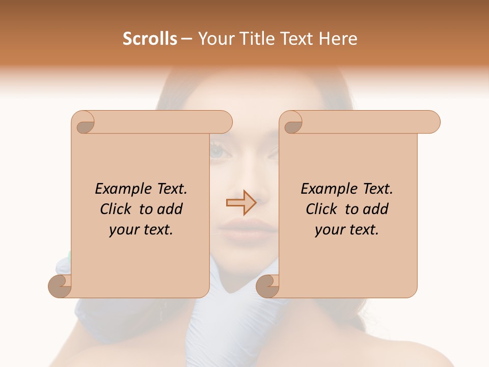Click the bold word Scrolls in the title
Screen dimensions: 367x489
(150, 39)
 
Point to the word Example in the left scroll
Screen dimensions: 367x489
(119, 189)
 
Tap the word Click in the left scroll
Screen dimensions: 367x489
(117, 209)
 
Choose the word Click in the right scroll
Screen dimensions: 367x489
(323, 209)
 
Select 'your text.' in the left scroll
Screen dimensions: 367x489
(141, 230)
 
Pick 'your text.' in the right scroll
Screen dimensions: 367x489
(347, 230)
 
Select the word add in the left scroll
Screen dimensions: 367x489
(170, 209)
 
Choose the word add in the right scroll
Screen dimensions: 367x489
(376, 209)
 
